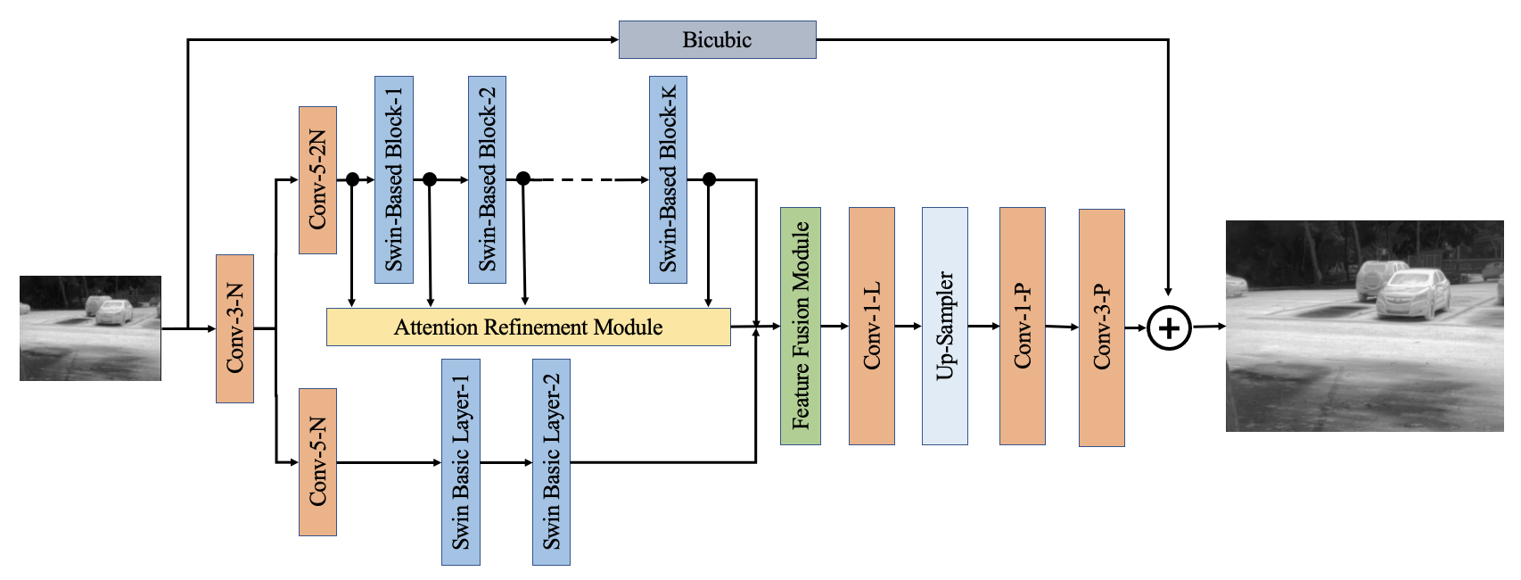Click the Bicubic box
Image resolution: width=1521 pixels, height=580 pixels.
coord(717,39)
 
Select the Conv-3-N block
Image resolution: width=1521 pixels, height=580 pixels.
coord(235,328)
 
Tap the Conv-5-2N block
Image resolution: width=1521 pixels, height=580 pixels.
coord(317,180)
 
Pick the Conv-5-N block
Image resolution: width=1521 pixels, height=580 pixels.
coord(317,462)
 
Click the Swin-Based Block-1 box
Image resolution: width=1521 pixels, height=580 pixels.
coord(394,179)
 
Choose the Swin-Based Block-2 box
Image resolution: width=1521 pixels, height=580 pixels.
coord(487,179)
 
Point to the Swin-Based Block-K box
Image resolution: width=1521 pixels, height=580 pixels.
coord(668,179)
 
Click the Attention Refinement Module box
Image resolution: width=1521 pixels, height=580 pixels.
coord(529,327)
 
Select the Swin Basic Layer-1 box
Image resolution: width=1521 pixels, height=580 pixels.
coord(460,462)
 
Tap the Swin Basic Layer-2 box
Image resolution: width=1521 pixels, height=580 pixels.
coord(551,462)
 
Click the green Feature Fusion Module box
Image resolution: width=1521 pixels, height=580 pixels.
coord(801,327)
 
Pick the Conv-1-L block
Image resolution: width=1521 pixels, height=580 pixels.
coord(872,327)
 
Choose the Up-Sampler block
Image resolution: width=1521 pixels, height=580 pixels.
coord(945,327)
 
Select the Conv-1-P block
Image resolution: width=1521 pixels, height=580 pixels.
coord(1023,327)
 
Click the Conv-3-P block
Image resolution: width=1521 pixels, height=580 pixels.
coord(1102,327)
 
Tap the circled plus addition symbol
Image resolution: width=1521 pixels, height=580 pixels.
coord(1169,328)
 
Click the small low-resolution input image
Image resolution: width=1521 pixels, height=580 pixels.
coord(90,327)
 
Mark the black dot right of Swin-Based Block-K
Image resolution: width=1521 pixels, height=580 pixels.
coord(709,179)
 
